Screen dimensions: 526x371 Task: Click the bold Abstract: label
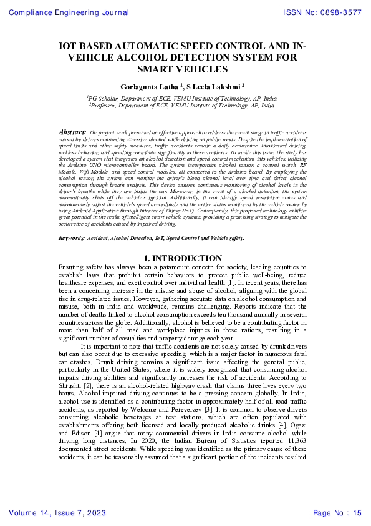point(72,132)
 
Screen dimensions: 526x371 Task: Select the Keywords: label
point(71,239)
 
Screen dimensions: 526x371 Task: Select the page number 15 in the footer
point(356,514)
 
